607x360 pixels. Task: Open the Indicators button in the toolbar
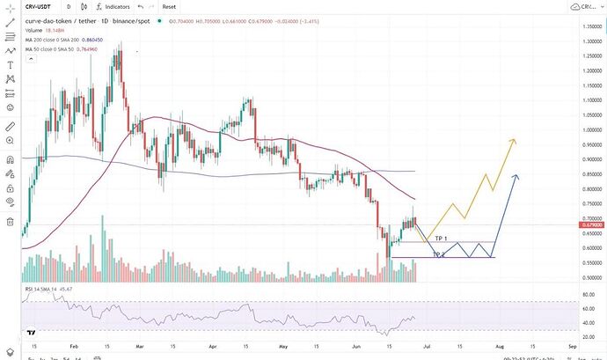(117, 6)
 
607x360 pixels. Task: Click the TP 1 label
(442, 239)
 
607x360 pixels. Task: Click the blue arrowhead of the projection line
(516, 177)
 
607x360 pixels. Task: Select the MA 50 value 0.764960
(88, 49)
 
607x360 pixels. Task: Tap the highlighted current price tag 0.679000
(591, 226)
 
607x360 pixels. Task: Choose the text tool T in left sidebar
(9, 64)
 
